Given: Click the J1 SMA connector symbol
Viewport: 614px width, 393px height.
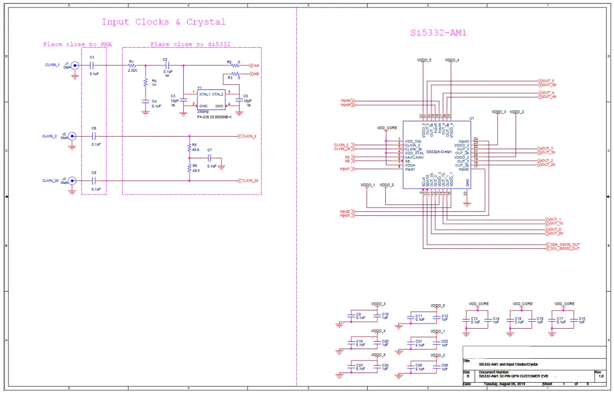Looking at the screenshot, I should coord(74,65).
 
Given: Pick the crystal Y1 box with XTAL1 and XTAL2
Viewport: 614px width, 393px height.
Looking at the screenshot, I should coord(211,99).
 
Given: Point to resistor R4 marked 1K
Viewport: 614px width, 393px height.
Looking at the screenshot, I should coord(146,83).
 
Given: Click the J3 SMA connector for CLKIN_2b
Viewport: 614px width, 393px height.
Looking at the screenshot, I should coord(72,181).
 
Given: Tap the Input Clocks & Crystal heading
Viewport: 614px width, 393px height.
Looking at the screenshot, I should coord(163,22).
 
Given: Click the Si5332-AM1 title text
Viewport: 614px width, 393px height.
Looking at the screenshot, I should coord(438,32).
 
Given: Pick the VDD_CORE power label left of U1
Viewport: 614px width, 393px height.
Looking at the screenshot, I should coord(387,128).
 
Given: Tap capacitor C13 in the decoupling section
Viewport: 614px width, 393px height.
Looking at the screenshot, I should coord(467,320).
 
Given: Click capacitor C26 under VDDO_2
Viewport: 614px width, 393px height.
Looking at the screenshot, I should coord(438,367).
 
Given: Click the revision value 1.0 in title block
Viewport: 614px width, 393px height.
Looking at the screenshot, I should coord(600,376).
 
